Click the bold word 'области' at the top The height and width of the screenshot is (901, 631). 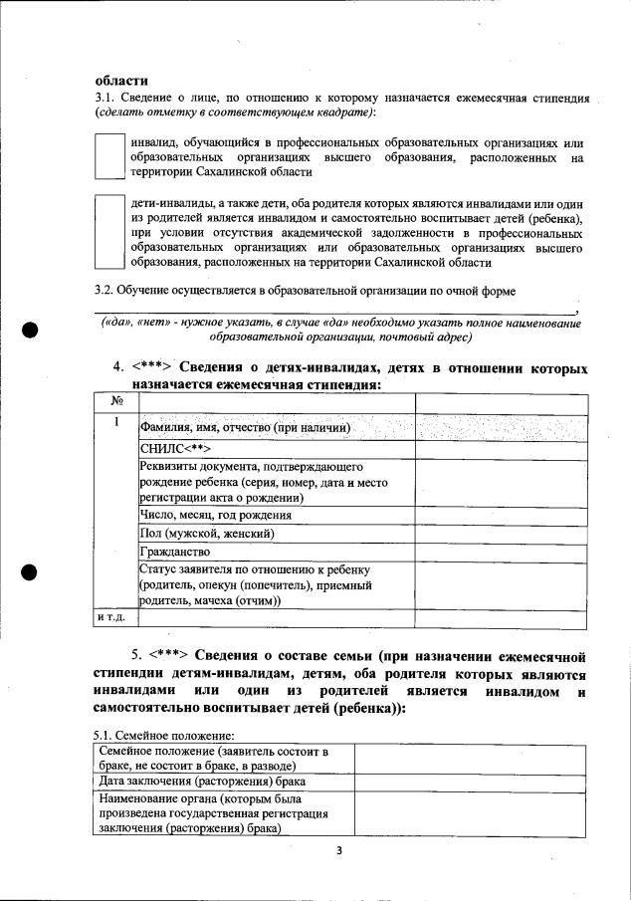click(x=121, y=81)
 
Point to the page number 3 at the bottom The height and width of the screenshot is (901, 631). click(x=337, y=850)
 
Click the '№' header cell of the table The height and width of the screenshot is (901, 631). click(x=116, y=401)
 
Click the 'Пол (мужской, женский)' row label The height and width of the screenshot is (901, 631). click(x=207, y=534)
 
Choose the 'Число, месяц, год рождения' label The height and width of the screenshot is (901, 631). click(x=216, y=516)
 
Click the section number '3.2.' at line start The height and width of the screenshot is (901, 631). click(x=104, y=290)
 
